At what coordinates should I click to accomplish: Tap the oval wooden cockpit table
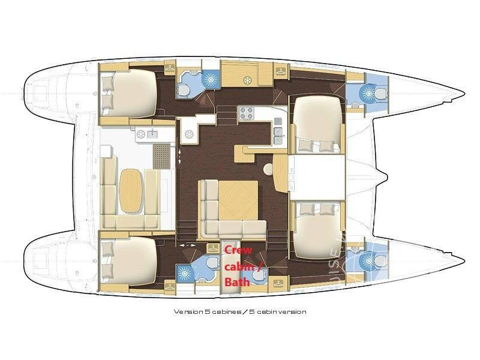click(x=132, y=190)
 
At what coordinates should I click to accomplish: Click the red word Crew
click(x=233, y=250)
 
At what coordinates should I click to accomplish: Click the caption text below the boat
click(x=240, y=312)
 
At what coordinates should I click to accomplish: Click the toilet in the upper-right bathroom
click(x=379, y=93)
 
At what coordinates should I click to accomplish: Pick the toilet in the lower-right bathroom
click(x=379, y=260)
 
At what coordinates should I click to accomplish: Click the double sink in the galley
click(x=278, y=131)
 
